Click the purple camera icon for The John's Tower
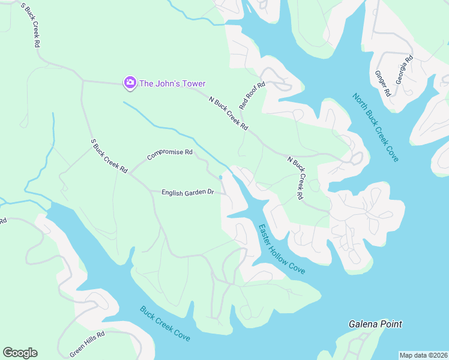click(x=129, y=83)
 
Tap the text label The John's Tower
click(x=172, y=83)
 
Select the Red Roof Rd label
click(x=252, y=96)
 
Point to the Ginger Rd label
click(x=382, y=84)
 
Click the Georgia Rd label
click(x=405, y=69)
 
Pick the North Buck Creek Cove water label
click(x=376, y=127)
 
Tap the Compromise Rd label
click(x=170, y=155)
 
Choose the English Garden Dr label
click(x=188, y=192)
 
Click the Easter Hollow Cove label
click(x=282, y=249)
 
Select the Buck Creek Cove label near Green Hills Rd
click(x=165, y=324)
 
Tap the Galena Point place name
click(x=375, y=324)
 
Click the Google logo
click(x=20, y=353)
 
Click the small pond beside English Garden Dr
click(x=221, y=177)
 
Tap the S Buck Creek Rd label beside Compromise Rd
click(x=109, y=156)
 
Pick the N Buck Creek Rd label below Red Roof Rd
click(x=228, y=113)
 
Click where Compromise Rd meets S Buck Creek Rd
click(x=131, y=173)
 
